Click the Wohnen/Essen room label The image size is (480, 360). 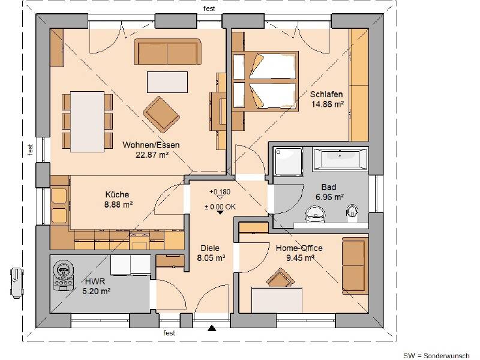coord(151,145)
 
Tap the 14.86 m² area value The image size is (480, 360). coord(327,103)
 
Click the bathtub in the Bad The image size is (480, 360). coord(340,160)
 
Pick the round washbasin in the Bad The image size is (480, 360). coord(314,214)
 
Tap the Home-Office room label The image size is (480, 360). coord(299,248)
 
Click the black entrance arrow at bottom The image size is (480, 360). coord(211,328)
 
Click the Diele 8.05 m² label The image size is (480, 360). coord(210,253)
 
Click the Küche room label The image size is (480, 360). coord(117,194)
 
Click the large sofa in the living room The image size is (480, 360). coord(167,53)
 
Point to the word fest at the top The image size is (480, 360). coord(209,8)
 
